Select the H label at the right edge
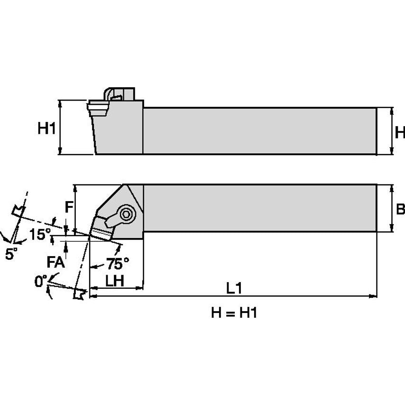pyautogui.click(x=399, y=131)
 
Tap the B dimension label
pyautogui.click(x=400, y=209)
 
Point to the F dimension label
pyautogui.click(x=69, y=208)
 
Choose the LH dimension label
pyautogui.click(x=114, y=280)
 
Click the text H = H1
pyautogui.click(x=233, y=313)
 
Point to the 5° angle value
pyautogui.click(x=11, y=254)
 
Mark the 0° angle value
pyautogui.click(x=41, y=281)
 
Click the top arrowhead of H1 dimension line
pyautogui.click(x=60, y=103)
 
